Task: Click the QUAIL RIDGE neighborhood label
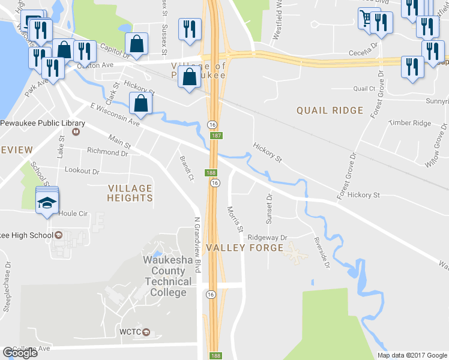[330, 110]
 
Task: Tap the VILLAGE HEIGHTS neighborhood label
[130, 193]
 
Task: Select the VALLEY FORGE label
[244, 248]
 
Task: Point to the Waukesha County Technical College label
[167, 277]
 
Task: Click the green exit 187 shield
[216, 136]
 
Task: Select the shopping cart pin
[366, 17]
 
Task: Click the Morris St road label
[235, 220]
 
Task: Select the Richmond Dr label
[107, 152]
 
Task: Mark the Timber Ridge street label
[410, 123]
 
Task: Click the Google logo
[20, 353]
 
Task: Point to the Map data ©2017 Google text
[411, 355]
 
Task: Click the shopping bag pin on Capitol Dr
[137, 43]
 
